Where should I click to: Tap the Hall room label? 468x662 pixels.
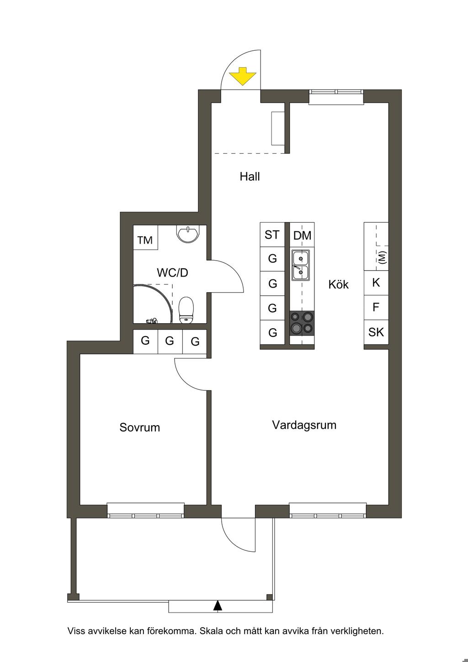tap(250, 177)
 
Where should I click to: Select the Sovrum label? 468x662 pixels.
tap(139, 427)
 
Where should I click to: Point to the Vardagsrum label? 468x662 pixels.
tap(304, 425)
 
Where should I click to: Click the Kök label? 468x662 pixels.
tap(339, 284)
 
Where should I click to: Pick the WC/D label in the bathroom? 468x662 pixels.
tap(173, 272)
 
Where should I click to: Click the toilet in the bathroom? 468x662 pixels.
tap(186, 310)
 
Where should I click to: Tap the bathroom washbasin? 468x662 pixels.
tap(188, 234)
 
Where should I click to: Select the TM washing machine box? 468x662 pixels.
tap(145, 238)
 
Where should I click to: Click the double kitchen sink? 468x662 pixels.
tap(301, 265)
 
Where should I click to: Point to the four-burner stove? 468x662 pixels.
tap(302, 323)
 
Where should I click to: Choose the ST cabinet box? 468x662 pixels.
tap(272, 235)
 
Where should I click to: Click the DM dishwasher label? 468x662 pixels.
tap(302, 235)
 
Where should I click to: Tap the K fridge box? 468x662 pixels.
tap(376, 283)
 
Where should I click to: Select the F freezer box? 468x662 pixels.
tap(376, 308)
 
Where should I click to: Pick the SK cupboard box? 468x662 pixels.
tap(376, 332)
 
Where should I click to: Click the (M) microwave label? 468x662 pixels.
tap(382, 257)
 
